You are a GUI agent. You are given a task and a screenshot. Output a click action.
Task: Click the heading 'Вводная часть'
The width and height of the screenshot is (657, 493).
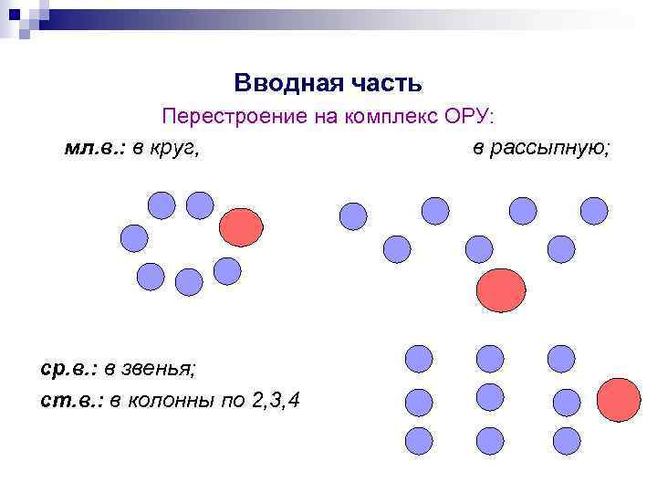coord(328,83)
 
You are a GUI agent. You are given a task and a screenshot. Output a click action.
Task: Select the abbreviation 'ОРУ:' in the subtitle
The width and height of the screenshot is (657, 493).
coord(469,118)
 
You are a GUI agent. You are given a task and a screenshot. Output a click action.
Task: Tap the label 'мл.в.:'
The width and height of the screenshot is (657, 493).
coord(96,148)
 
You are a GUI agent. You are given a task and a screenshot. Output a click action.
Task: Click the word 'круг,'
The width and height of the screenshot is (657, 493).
coord(176,148)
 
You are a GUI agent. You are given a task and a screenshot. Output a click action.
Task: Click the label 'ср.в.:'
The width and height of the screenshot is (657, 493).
coord(68,368)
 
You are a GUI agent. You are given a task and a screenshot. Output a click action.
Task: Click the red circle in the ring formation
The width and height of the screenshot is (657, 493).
coord(241,226)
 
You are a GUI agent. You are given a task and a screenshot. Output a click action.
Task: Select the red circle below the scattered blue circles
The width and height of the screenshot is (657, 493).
coord(499,290)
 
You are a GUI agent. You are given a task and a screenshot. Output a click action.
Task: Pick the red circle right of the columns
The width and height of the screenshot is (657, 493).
coord(619,400)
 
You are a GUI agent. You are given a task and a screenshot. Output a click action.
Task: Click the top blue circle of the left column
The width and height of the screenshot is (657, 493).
coord(418,359)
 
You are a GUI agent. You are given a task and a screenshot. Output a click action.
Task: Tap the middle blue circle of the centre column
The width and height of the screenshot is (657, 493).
coord(490,397)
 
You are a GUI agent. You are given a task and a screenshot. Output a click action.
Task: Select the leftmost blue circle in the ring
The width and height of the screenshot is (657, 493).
coord(134,239)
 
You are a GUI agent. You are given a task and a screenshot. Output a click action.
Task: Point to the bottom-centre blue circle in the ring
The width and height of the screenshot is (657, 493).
coord(189,282)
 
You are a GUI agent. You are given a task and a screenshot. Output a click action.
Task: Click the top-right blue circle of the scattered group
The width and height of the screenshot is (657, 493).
coord(594,212)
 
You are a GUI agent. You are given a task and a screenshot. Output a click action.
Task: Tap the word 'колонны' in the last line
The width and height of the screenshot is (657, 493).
coord(169,399)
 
